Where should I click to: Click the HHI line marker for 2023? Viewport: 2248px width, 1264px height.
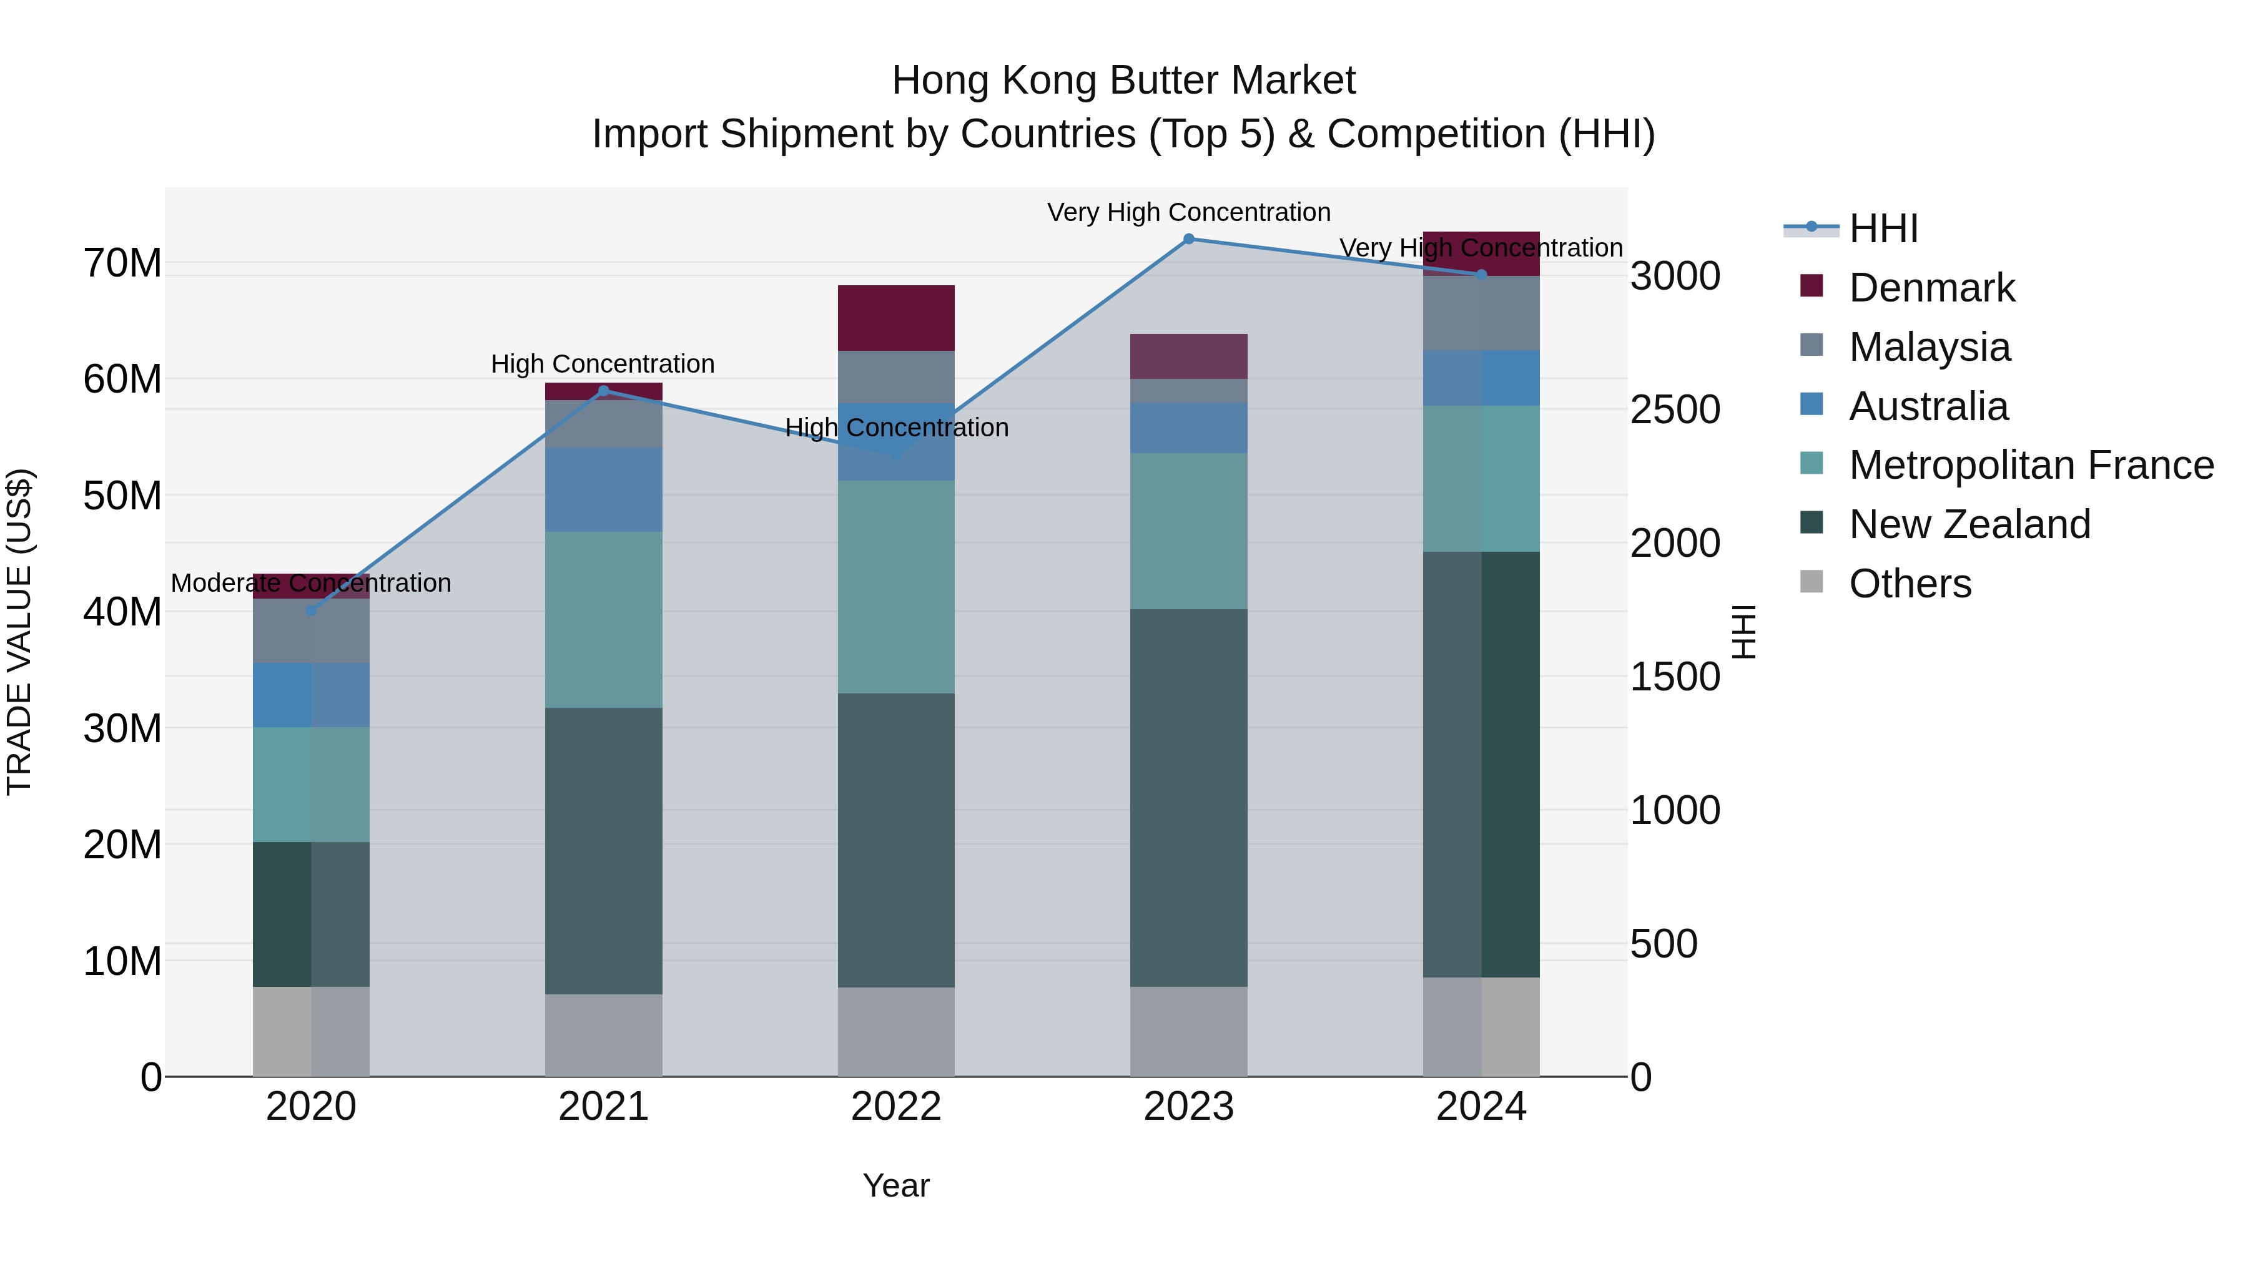[1188, 239]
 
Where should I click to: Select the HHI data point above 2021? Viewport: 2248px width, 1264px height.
[603, 391]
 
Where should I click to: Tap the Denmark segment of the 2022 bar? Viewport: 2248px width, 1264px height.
[896, 318]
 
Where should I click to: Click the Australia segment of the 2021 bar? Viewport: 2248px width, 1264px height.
[603, 489]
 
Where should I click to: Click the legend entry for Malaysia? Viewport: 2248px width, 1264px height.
[1929, 347]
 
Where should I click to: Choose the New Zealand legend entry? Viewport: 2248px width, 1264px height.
[1969, 524]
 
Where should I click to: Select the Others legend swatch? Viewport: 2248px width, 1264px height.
[1812, 582]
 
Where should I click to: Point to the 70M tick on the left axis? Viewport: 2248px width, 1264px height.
[122, 263]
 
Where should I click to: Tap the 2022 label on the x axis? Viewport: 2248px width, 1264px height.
[896, 1107]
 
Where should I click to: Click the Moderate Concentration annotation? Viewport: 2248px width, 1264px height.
[311, 583]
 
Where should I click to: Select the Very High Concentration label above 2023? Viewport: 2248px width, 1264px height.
[1188, 212]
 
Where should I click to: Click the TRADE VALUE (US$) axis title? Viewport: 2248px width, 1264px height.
[19, 632]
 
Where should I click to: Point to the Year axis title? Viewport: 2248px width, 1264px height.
[896, 1185]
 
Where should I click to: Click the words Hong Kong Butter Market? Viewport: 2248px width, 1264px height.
[1123, 81]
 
